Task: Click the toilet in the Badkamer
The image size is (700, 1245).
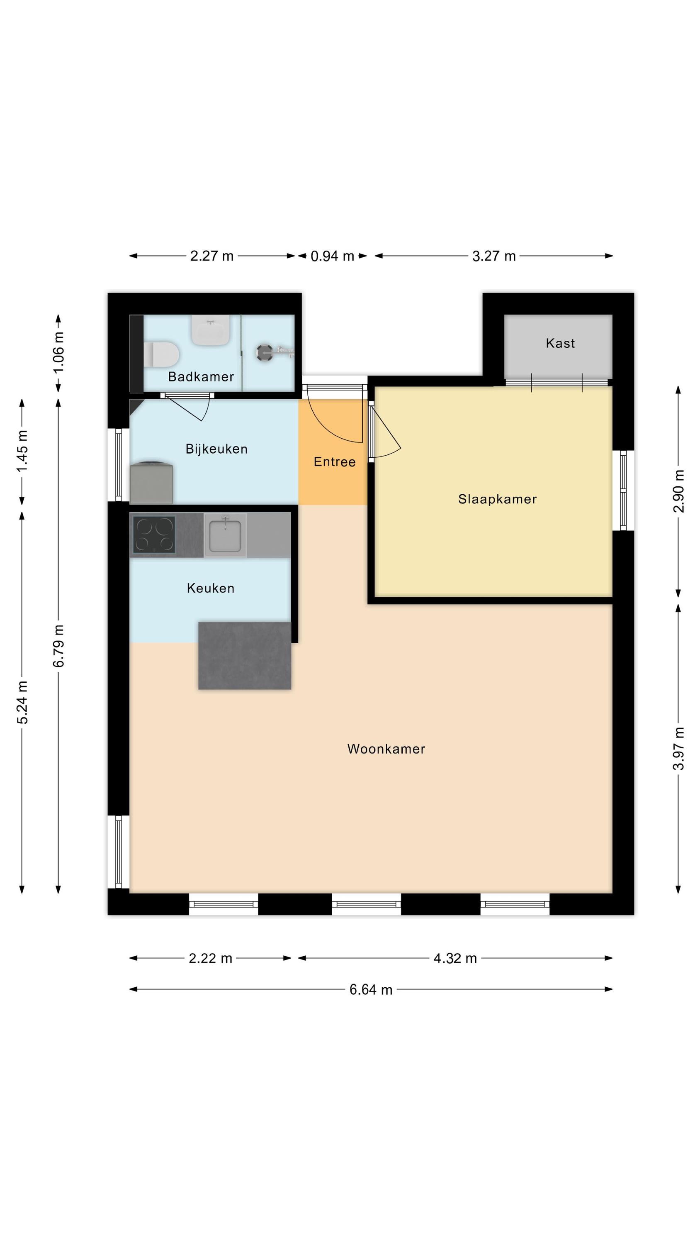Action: point(161,354)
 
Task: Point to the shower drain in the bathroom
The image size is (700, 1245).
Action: point(265,352)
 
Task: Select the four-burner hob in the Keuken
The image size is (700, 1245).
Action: point(153,535)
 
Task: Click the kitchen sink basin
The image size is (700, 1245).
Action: point(225,535)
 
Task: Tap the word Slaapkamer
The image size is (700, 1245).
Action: point(497,499)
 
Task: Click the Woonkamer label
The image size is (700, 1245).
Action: point(386,749)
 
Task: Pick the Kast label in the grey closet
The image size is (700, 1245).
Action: point(560,343)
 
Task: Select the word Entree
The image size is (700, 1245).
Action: point(334,462)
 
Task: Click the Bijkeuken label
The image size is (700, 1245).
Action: point(216,449)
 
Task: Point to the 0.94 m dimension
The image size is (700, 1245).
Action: point(332,256)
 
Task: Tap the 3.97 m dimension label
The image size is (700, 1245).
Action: point(679,749)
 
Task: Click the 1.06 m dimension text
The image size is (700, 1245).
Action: point(58,352)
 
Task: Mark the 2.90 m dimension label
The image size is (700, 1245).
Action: point(679,491)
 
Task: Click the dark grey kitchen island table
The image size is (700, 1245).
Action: point(244,655)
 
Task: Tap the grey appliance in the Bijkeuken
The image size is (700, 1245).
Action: point(151,482)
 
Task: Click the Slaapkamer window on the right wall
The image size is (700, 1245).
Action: point(623,491)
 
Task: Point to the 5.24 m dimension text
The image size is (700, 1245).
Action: point(22,702)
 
